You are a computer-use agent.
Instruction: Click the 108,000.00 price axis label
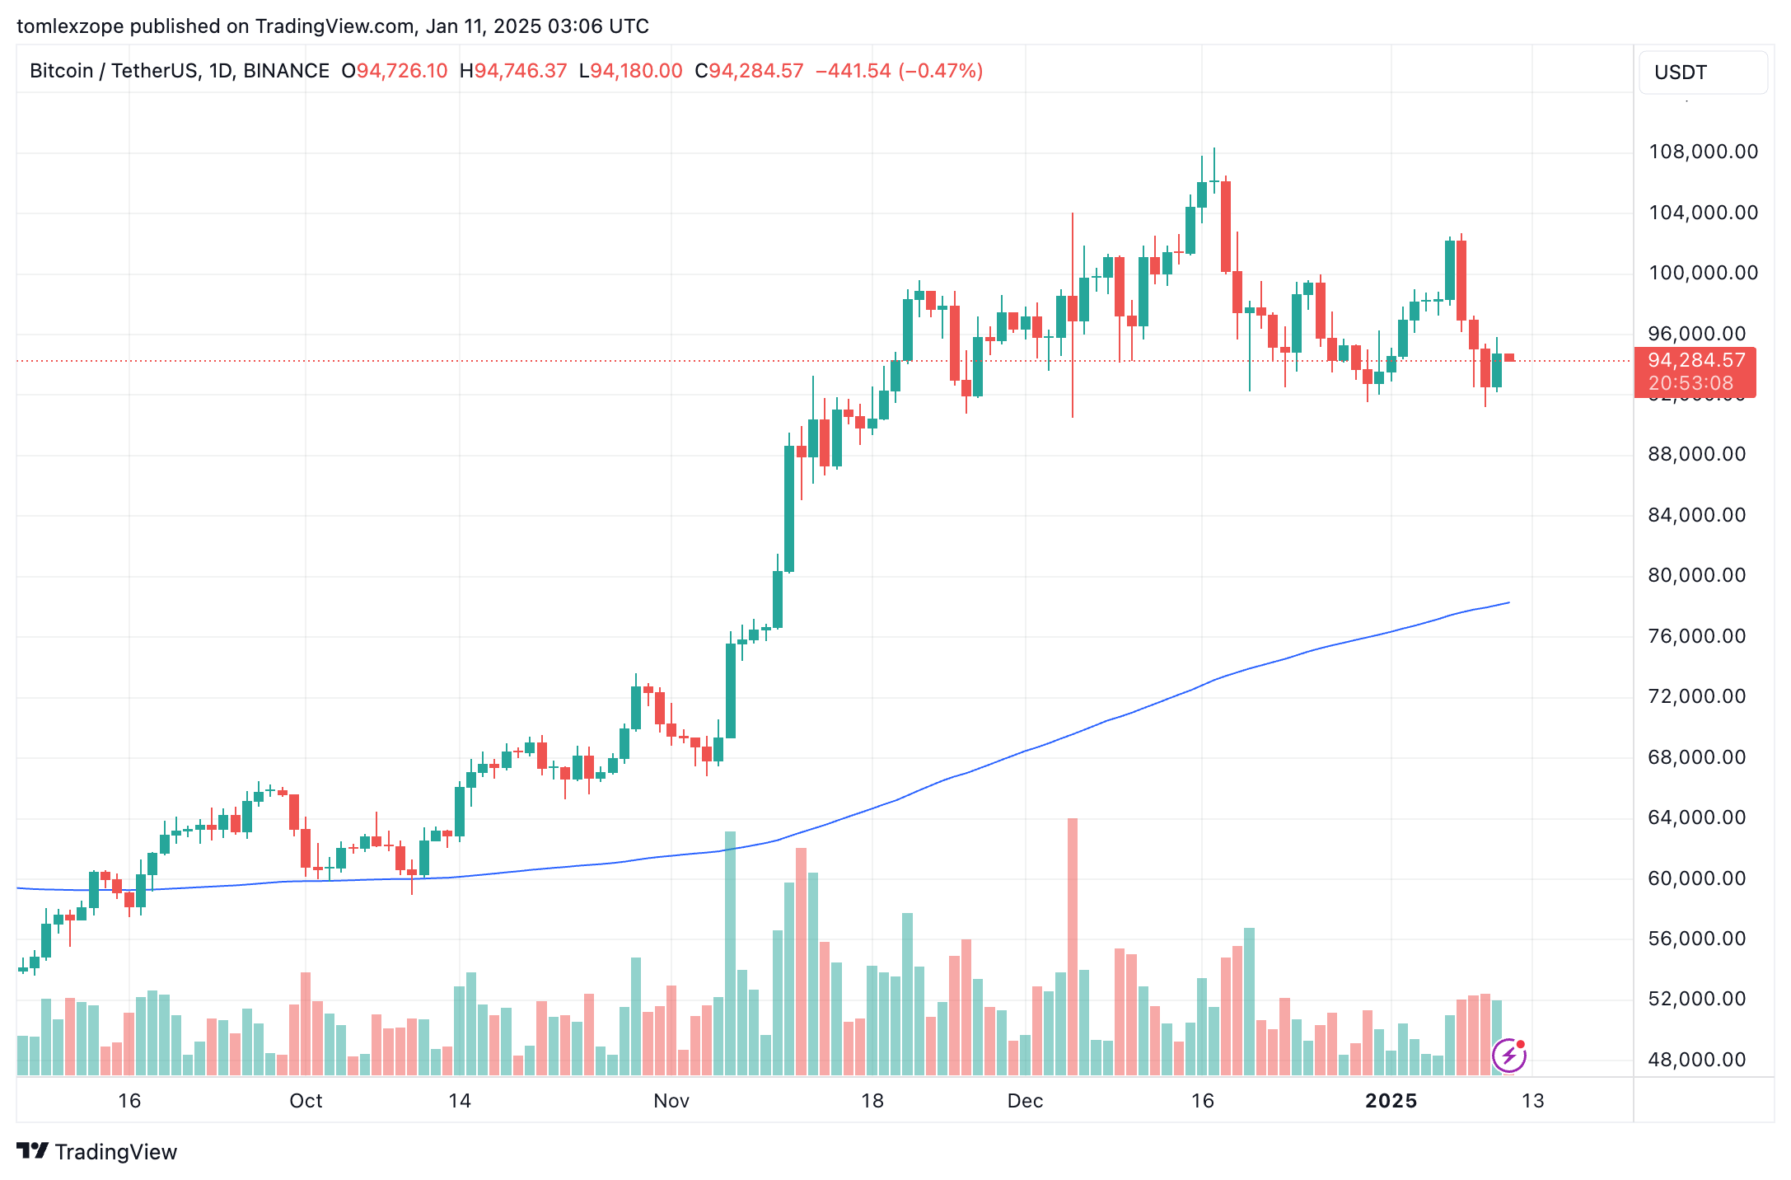click(x=1703, y=152)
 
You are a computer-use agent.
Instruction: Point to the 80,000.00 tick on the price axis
click(x=1696, y=575)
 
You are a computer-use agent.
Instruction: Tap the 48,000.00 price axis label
click(x=1696, y=1060)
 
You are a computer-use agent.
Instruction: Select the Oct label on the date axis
click(x=306, y=1101)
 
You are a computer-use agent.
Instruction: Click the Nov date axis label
click(x=671, y=1101)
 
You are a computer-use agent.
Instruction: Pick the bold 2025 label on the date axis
click(x=1391, y=1101)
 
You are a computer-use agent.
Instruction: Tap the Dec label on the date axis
click(x=1025, y=1101)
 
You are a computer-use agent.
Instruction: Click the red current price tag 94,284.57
click(x=1696, y=361)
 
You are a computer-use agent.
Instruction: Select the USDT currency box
click(x=1702, y=73)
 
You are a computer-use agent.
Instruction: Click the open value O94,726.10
click(x=395, y=71)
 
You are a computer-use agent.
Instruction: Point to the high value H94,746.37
click(x=513, y=71)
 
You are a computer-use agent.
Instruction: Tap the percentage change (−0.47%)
click(x=940, y=71)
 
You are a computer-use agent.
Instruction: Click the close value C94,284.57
click(x=749, y=71)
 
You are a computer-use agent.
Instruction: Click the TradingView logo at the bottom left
click(x=97, y=1151)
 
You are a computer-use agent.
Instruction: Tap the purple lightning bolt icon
click(x=1509, y=1055)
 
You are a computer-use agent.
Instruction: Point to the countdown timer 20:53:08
click(x=1690, y=383)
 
